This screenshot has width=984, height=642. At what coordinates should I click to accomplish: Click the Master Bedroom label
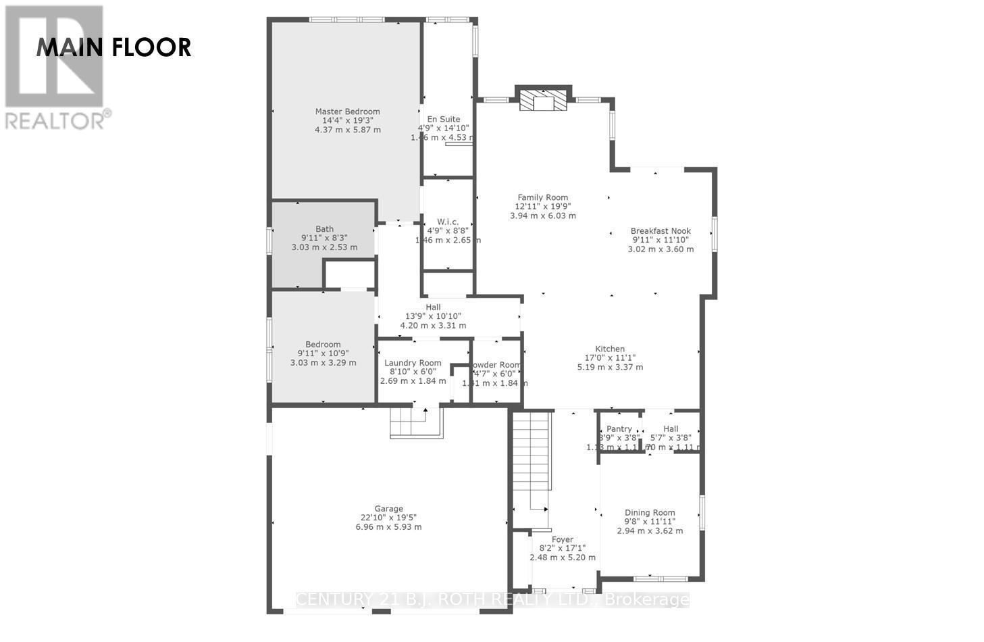(347, 112)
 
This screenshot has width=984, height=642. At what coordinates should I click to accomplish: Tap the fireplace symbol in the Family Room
(544, 101)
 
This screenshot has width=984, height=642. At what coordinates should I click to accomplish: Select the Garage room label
(388, 509)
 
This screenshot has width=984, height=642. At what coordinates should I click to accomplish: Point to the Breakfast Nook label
(661, 230)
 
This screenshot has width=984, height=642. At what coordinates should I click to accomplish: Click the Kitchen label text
(609, 349)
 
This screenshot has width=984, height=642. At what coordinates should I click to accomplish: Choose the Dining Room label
(650, 512)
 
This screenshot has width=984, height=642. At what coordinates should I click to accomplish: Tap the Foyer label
(562, 539)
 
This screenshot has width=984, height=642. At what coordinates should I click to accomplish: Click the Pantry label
(619, 428)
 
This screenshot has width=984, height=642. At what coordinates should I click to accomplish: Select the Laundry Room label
(413, 363)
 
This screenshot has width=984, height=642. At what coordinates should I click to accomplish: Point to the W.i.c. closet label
(448, 222)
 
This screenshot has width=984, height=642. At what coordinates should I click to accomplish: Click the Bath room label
(324, 229)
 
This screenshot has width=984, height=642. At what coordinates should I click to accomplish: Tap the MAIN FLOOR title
(113, 47)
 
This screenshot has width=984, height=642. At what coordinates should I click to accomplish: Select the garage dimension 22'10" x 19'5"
(388, 518)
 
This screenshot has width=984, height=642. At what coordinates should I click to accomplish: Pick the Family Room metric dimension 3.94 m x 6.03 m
(542, 216)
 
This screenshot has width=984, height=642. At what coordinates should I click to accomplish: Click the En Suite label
(444, 119)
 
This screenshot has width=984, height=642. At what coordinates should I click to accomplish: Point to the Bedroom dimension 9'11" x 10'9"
(323, 353)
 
